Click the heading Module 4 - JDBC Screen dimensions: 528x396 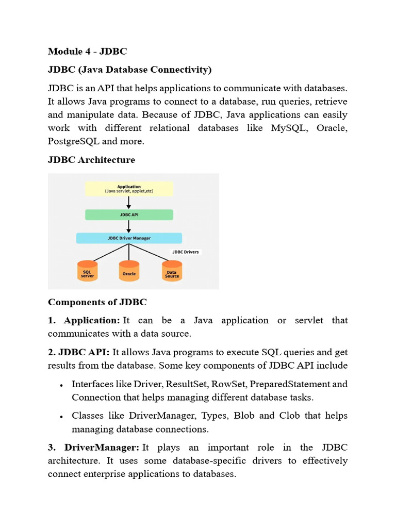click(87, 51)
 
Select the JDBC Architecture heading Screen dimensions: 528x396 click(91, 160)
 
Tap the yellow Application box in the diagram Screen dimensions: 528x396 click(129, 189)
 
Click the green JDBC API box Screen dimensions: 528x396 click(129, 214)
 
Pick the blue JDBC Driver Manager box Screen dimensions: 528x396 click(129, 238)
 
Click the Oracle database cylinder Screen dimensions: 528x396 click(129, 271)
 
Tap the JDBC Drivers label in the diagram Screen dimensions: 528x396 click(185, 252)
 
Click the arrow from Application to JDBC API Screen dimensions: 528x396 click(129, 202)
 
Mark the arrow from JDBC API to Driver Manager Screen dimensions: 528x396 click(129, 226)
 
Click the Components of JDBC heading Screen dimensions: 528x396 click(97, 302)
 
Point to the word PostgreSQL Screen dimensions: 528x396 click(73, 141)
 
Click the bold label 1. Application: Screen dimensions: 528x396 click(84, 320)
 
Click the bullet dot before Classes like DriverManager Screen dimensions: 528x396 click(61, 417)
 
